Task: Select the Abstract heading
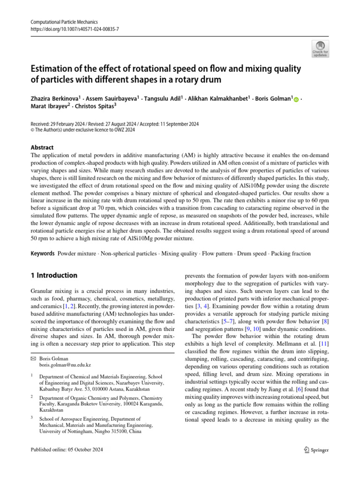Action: (x=42, y=147)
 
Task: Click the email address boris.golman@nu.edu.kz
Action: (x=65, y=364)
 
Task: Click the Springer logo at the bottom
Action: (x=314, y=450)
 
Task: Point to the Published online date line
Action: (x=66, y=450)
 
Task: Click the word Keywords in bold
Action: (x=42, y=254)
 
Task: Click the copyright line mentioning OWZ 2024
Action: (x=82, y=130)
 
